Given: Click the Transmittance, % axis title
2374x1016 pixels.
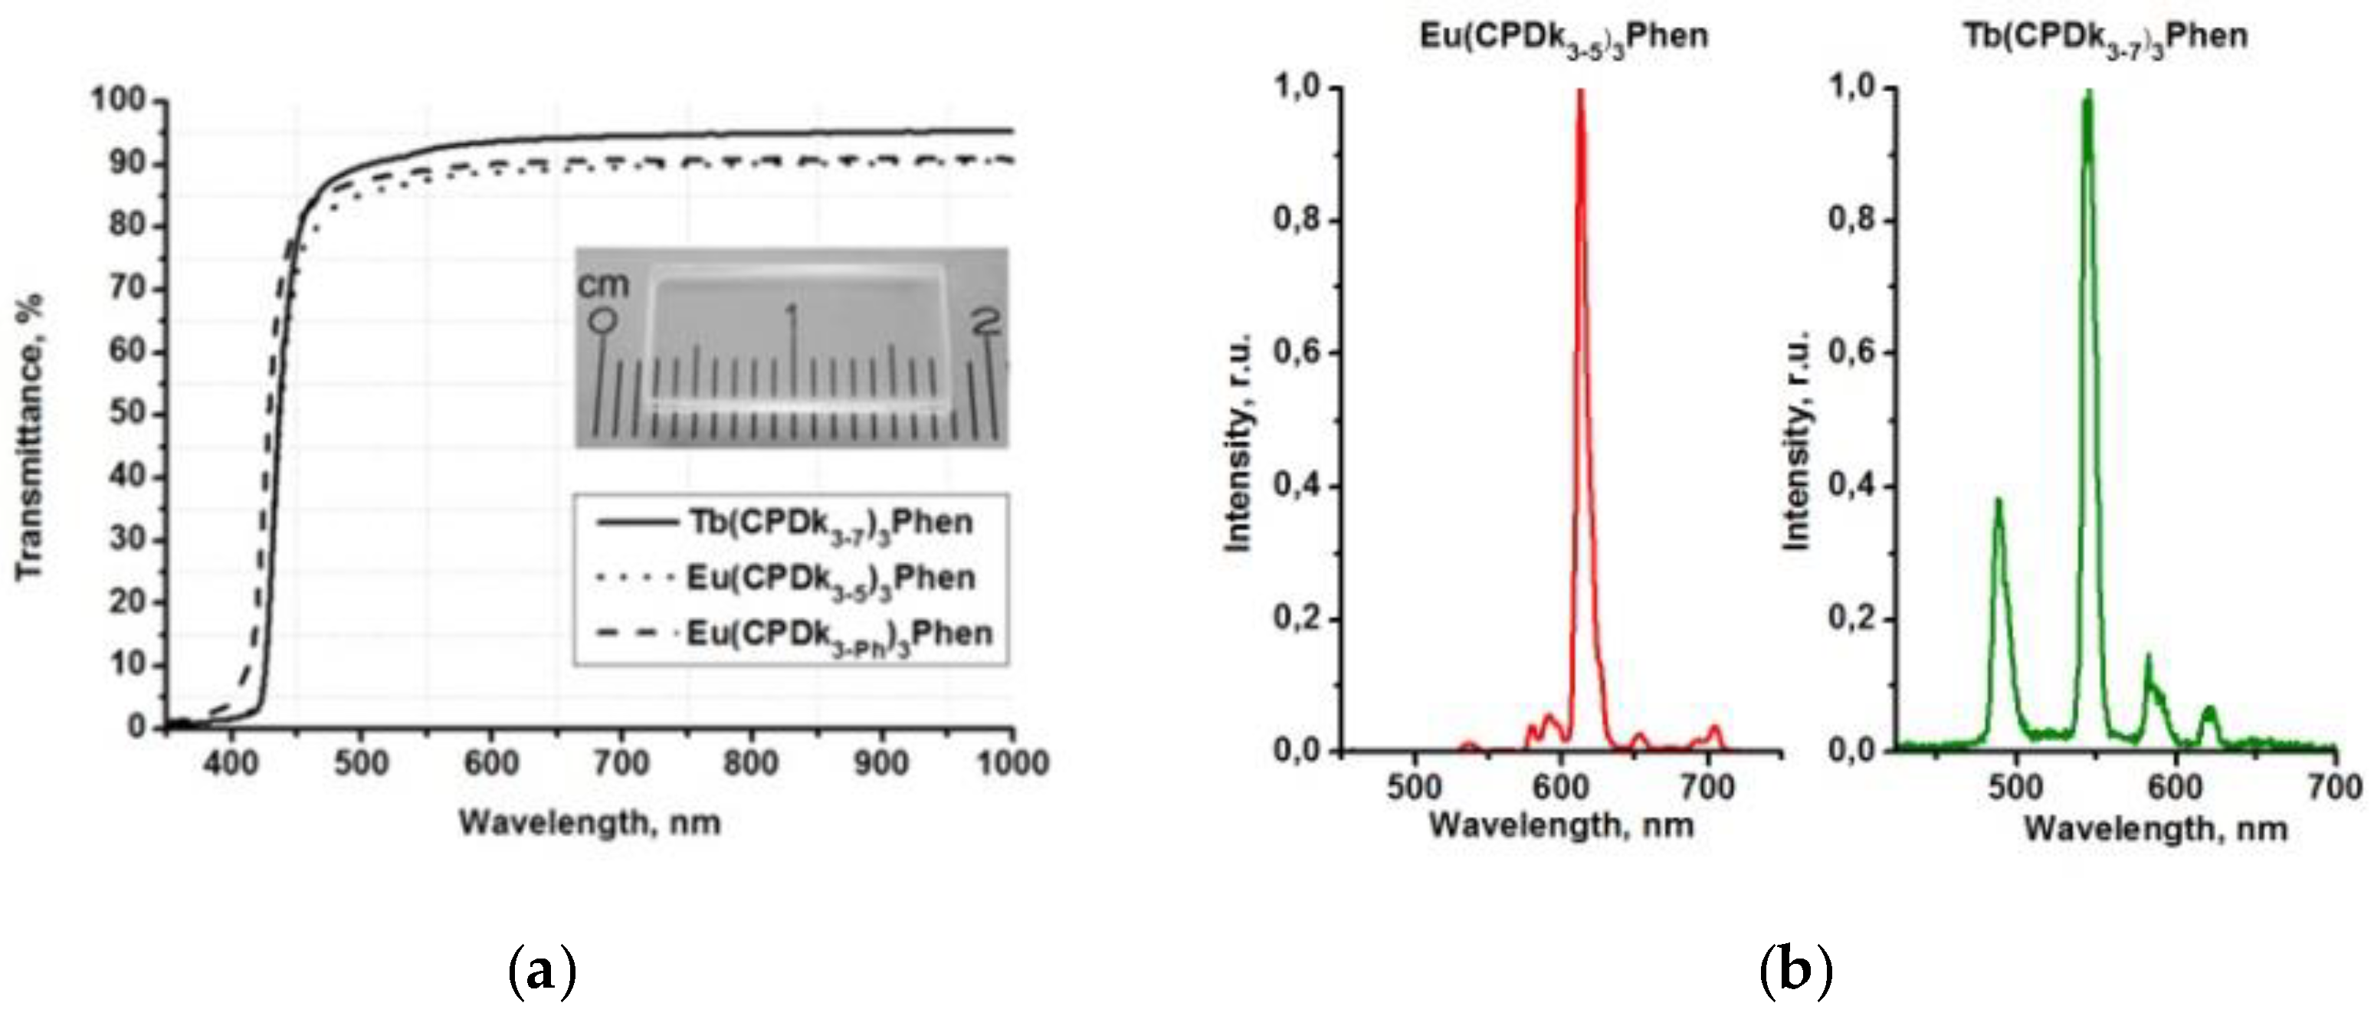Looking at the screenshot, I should pos(29,438).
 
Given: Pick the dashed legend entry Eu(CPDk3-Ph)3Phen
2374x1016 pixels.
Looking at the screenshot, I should pos(838,634).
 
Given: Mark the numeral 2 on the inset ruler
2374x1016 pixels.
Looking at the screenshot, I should pos(985,322).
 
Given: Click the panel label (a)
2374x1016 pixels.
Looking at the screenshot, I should pos(542,972).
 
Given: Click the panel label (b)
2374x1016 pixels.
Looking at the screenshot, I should pos(1795,972).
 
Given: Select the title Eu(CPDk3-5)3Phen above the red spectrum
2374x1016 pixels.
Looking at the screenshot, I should pos(1564,37).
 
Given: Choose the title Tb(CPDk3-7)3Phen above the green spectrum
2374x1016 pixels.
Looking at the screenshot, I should pos(2106,37).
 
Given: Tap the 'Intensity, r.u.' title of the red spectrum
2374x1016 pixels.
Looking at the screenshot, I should pos(1238,442).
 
